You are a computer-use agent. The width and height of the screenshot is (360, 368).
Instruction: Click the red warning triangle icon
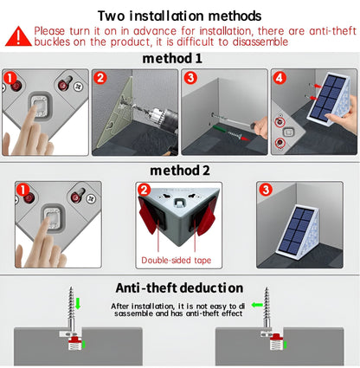18,36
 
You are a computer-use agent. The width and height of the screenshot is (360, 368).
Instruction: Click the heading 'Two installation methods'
179,15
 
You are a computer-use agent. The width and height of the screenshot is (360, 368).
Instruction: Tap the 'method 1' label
179,58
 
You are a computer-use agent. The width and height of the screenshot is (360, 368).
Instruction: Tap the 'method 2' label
179,170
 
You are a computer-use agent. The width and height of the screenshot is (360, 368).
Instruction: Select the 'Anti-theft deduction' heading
179,287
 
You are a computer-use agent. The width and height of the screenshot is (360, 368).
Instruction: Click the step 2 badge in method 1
100,78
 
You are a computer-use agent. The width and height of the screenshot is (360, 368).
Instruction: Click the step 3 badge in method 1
190,78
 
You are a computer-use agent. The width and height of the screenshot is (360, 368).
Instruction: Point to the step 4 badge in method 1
279,78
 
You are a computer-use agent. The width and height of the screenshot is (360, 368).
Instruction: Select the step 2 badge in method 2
145,190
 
